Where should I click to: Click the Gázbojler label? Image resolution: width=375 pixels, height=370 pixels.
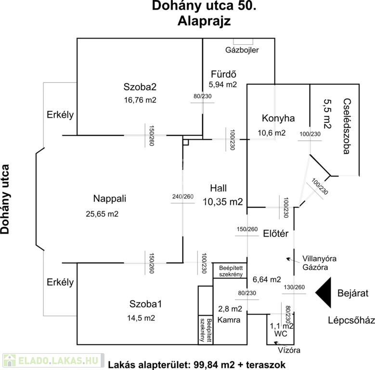coord(243,50)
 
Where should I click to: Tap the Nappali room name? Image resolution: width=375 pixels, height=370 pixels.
coord(109,198)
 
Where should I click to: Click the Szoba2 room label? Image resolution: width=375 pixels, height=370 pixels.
coord(140,87)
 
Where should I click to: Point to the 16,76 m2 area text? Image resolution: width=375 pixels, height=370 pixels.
coord(140,100)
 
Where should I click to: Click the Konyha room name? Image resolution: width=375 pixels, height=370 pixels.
coord(278,118)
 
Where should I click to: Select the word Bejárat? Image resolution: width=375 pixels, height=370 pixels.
coord(352,293)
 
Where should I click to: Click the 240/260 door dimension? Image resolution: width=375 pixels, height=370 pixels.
coord(182,197)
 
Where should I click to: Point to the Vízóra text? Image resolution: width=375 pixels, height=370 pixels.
coord(288,350)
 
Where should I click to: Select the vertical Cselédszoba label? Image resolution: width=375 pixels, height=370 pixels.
coord(346,126)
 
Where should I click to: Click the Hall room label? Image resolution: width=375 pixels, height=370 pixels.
coord(218,188)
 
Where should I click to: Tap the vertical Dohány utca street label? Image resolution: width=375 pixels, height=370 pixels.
coord(6,198)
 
